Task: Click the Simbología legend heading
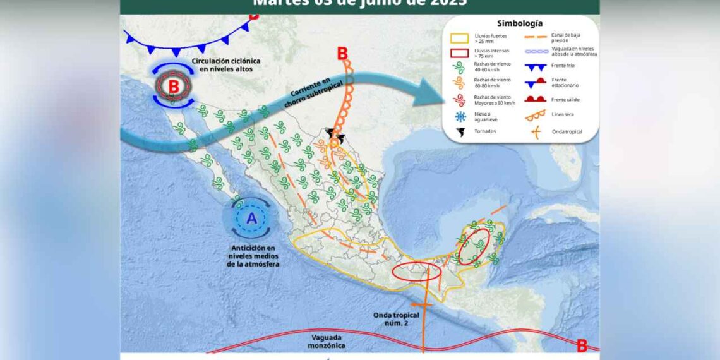click(x=519, y=23)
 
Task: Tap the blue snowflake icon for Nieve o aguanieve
click(x=460, y=116)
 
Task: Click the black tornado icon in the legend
click(x=460, y=132)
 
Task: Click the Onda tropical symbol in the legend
click(x=536, y=132)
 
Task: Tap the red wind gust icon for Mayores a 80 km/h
click(x=460, y=100)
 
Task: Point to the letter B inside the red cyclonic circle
click(x=173, y=85)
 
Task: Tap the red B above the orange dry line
click(x=342, y=54)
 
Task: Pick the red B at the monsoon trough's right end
click(x=582, y=345)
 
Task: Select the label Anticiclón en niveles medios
click(x=253, y=256)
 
